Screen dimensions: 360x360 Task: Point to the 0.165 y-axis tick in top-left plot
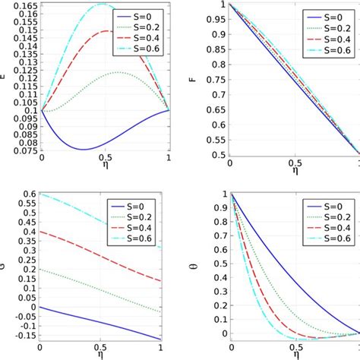(23, 5)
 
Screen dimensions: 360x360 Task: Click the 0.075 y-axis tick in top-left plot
(23, 152)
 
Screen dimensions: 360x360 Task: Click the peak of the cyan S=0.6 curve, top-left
(102, 5)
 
